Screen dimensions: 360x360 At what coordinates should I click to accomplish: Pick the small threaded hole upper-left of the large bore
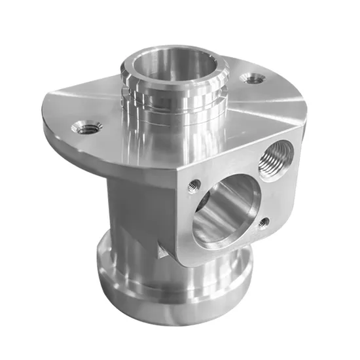pyautogui.click(x=194, y=186)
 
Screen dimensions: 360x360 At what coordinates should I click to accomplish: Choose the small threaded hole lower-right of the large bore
pyautogui.click(x=263, y=223)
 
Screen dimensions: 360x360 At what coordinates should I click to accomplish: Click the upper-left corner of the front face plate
pyautogui.click(x=179, y=170)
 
